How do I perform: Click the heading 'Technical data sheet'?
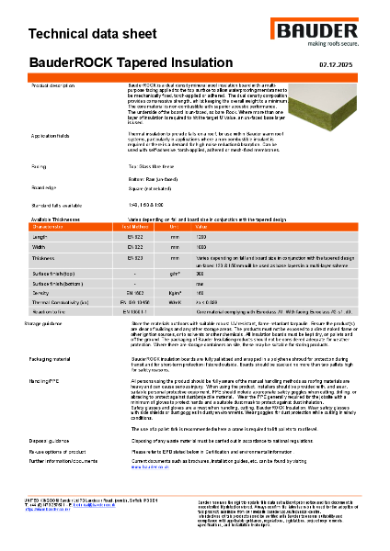click(89, 35)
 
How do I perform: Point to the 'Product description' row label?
click(54, 84)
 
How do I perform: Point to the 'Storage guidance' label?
click(52, 323)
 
